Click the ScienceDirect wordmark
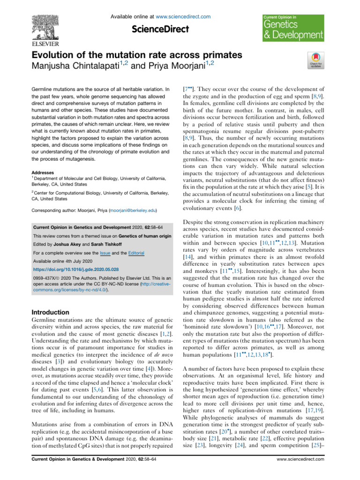[x=160, y=29]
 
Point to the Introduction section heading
[x=50, y=312]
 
